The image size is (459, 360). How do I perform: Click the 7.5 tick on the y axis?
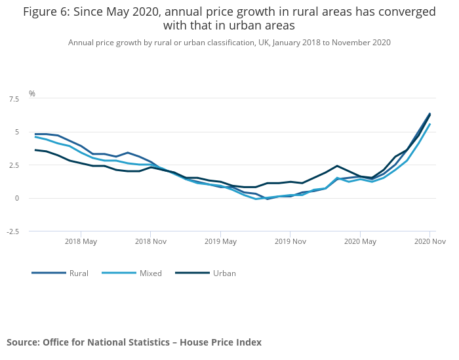point(13,99)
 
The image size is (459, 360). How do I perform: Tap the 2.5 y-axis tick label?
point(13,165)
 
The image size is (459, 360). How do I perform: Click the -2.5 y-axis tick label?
point(12,231)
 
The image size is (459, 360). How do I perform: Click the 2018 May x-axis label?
point(81,241)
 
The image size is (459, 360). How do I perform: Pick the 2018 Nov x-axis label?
point(151,241)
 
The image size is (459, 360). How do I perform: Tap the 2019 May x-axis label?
point(220,241)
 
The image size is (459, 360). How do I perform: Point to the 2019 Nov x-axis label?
point(290,241)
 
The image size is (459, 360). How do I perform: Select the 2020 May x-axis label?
point(360,241)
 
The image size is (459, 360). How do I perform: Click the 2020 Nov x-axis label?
point(430,241)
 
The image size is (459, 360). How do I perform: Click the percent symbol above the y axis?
point(32,94)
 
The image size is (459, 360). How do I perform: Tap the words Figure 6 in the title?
point(47,12)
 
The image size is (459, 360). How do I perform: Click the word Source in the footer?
point(22,342)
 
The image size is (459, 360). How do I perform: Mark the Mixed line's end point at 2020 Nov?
point(429,124)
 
